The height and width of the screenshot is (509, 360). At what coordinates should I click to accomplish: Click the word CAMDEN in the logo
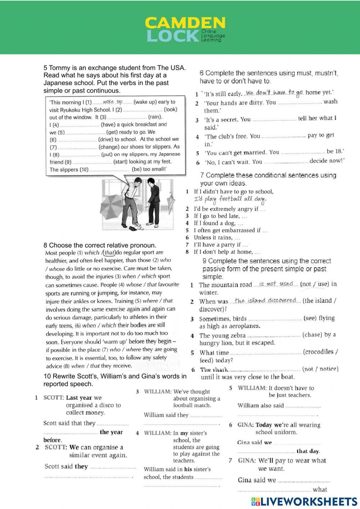click(185, 23)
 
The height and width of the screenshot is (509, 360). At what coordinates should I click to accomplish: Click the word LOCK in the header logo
click(173, 36)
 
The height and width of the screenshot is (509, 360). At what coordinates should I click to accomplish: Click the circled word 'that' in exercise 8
click(109, 253)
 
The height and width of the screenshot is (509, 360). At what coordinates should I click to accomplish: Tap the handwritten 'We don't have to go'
click(275, 93)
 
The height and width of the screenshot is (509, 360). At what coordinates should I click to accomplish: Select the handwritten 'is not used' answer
click(276, 284)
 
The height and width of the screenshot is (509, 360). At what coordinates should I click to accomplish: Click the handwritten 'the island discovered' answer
click(266, 300)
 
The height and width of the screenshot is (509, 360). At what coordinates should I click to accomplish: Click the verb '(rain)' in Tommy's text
click(155, 117)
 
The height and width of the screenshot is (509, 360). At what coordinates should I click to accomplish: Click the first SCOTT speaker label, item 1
click(53, 398)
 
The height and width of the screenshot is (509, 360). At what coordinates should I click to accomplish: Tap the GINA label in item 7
click(247, 461)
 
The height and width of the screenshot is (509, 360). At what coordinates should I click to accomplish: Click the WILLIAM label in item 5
click(252, 388)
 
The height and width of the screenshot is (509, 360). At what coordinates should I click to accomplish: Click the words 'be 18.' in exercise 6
click(335, 151)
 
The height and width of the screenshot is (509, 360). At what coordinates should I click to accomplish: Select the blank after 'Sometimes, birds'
click(275, 319)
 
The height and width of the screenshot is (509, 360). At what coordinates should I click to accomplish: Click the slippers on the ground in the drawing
click(135, 227)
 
